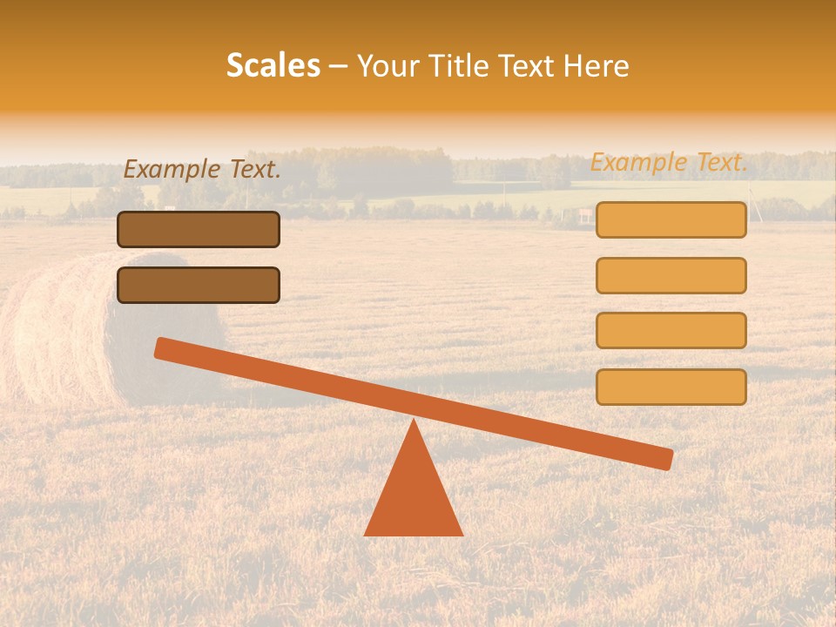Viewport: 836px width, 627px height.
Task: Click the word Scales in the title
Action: pos(273,65)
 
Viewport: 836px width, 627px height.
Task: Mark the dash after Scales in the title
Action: pos(338,67)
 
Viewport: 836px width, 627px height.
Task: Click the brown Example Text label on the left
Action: pos(202,170)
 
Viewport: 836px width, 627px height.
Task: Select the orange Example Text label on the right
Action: pos(669,163)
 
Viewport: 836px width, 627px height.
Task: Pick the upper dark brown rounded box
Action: pos(199,230)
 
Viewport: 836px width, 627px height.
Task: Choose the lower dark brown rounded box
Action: pos(199,286)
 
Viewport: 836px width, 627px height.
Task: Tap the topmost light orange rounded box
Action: pos(671,220)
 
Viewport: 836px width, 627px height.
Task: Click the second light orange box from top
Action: pos(671,275)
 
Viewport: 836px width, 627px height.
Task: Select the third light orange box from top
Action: pos(671,331)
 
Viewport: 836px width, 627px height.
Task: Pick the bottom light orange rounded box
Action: pos(671,387)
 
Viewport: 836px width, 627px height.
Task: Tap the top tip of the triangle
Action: pos(414,423)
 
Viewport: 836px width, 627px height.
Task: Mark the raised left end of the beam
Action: pos(162,348)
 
